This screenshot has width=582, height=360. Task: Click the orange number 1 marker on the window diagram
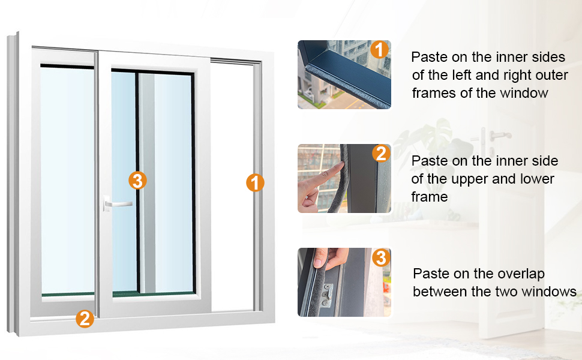[x=255, y=182]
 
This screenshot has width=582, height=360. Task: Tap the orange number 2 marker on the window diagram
[x=85, y=319]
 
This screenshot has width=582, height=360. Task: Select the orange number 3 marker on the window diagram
[x=137, y=181]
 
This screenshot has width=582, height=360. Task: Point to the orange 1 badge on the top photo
[x=379, y=49]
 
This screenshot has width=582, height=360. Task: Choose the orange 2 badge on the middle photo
[x=381, y=153]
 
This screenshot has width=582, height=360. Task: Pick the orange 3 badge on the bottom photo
[x=381, y=257]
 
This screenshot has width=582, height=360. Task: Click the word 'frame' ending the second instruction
[x=430, y=197]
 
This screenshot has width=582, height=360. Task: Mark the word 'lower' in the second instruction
[x=537, y=179]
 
